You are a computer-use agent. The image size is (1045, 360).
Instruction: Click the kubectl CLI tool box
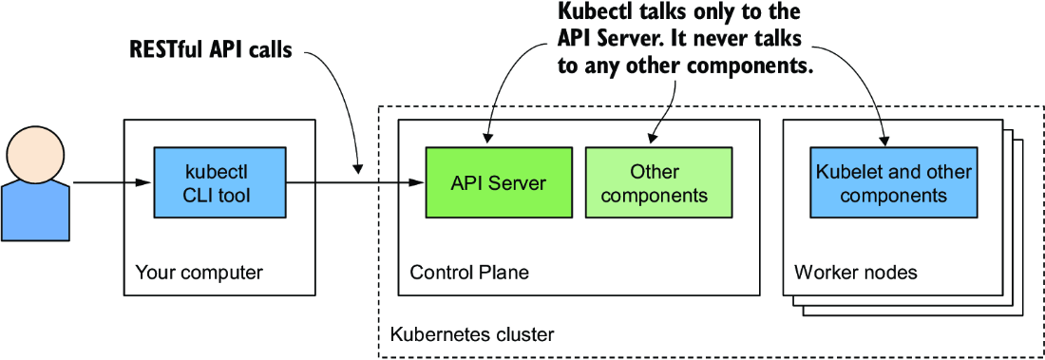[220, 182]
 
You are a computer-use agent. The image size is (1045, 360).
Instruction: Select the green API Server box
[499, 182]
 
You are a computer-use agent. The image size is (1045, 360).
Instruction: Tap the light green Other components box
[658, 182]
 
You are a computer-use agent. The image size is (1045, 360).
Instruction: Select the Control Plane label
[469, 273]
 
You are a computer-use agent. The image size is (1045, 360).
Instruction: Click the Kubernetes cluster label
[471, 333]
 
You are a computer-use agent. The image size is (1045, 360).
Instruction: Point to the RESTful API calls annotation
[211, 51]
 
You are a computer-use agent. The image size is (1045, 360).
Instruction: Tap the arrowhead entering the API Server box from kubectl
[418, 182]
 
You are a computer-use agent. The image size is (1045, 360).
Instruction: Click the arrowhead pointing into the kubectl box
[146, 182]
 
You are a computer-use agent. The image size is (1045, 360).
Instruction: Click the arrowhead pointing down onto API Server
[488, 138]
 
